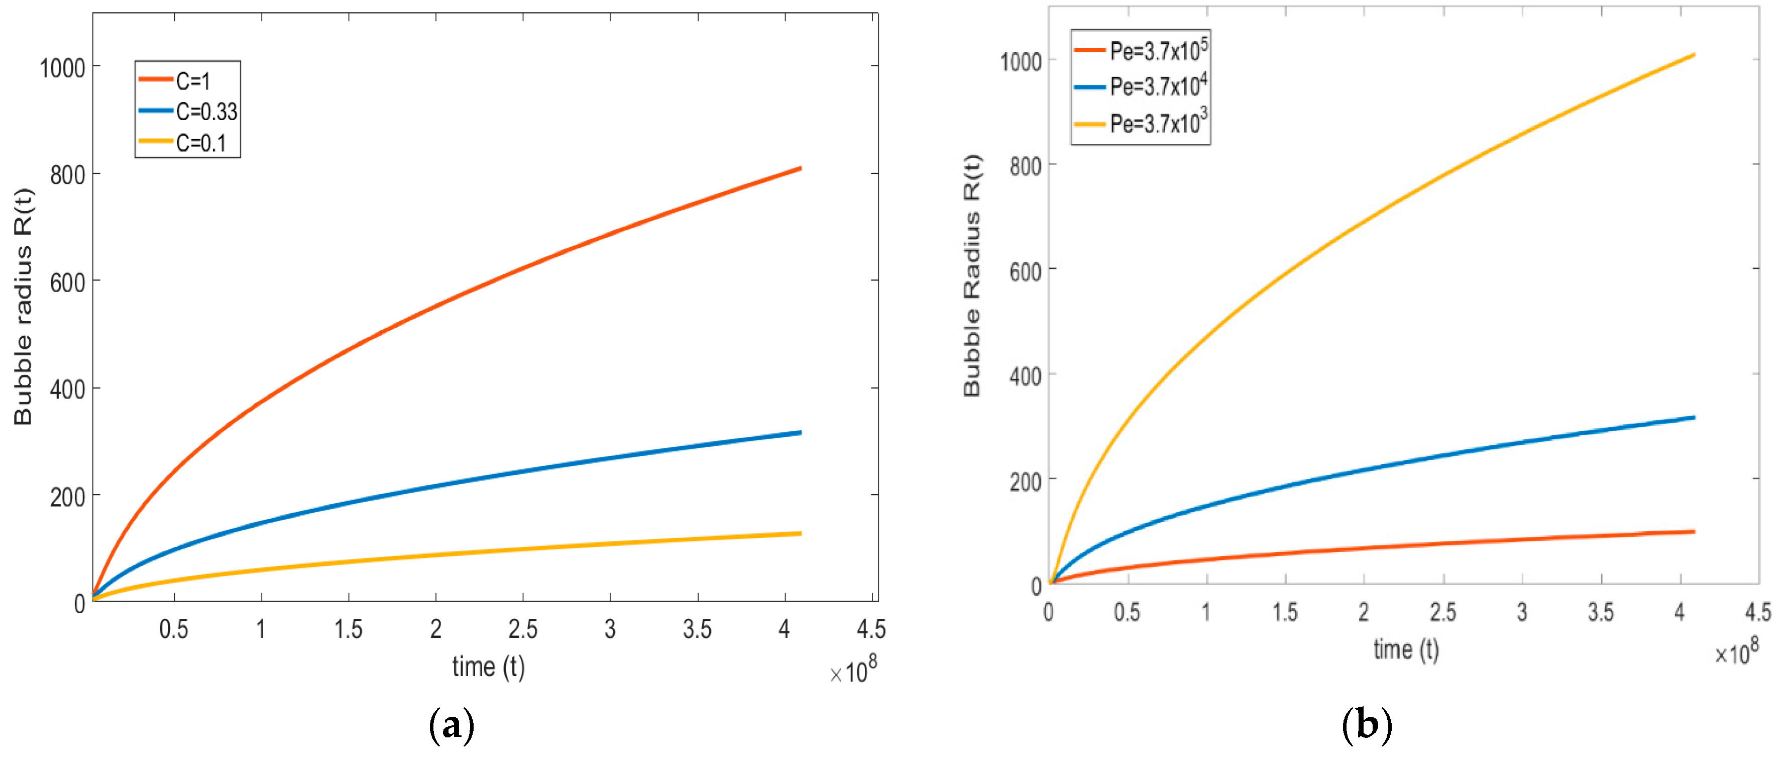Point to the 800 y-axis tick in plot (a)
(x=67, y=175)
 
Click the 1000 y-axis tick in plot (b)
(x=1021, y=62)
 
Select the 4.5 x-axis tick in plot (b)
(x=1757, y=612)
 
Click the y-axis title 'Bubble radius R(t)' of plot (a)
(x=24, y=306)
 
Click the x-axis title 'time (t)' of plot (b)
(x=1406, y=650)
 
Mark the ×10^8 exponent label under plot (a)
(x=854, y=670)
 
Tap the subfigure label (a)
(x=452, y=726)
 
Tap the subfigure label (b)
(x=1367, y=726)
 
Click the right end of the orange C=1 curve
(x=800, y=169)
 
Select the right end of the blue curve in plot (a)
(x=800, y=433)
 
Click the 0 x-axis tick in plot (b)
(x=1049, y=612)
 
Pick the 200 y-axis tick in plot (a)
(x=67, y=497)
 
